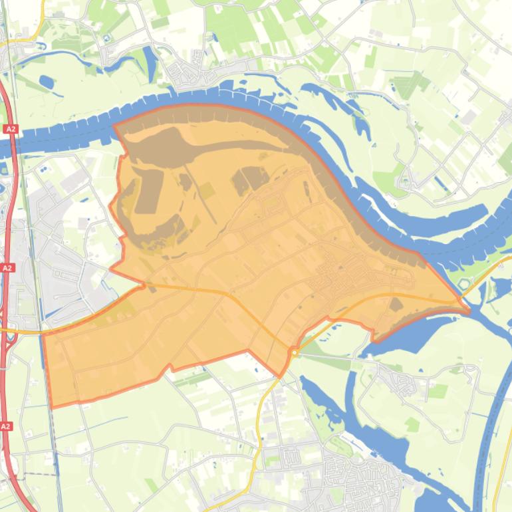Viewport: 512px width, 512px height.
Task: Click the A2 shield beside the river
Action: coord(9,128)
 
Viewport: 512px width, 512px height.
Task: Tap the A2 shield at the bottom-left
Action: coord(6,426)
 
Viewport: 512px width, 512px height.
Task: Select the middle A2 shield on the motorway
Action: coord(7,267)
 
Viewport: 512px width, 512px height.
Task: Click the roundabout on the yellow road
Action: coord(293,352)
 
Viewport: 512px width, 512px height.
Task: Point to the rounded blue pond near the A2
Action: coord(47,82)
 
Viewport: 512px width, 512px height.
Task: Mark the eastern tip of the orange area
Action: coord(468,308)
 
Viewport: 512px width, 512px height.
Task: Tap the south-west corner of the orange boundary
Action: coord(51,406)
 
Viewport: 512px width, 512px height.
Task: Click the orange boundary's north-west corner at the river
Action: coord(114,124)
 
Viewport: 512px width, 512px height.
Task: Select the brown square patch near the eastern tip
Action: coord(396,305)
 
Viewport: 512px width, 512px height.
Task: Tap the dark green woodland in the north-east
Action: coord(409,85)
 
